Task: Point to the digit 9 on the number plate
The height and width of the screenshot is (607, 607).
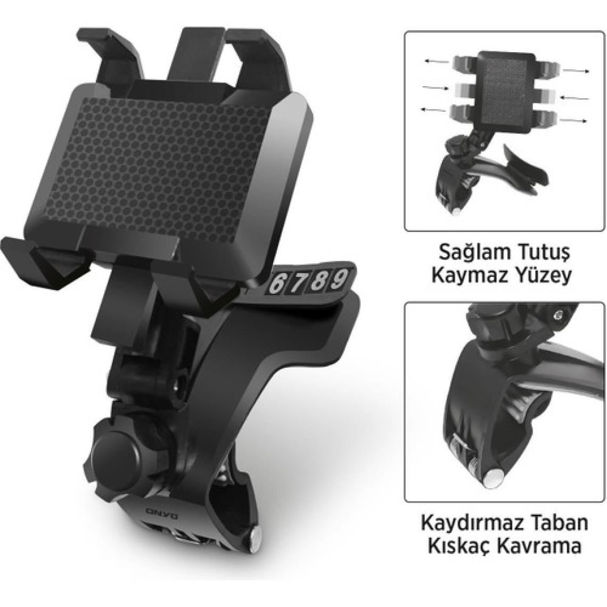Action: click(338, 278)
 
